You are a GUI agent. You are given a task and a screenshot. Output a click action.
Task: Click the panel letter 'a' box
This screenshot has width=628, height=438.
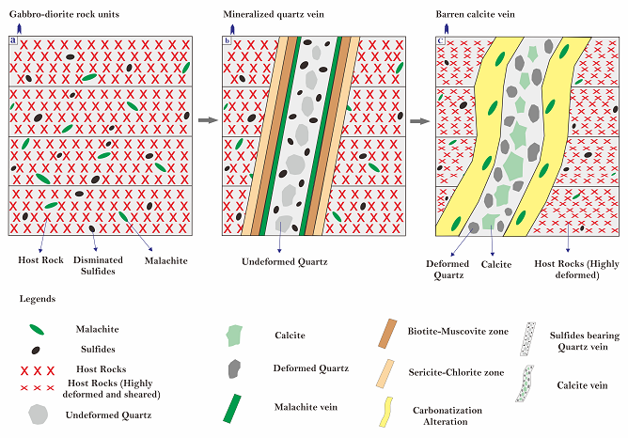pyautogui.click(x=12, y=40)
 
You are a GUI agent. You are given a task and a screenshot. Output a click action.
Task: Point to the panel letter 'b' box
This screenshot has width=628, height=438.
pyautogui.click(x=227, y=41)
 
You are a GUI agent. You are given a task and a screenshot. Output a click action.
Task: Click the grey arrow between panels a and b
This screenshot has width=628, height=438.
pyautogui.click(x=206, y=121)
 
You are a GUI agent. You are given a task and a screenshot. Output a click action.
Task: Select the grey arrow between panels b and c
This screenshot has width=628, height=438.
pyautogui.click(x=421, y=121)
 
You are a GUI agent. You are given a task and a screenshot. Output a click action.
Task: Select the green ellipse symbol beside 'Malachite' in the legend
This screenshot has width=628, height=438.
pyautogui.click(x=37, y=329)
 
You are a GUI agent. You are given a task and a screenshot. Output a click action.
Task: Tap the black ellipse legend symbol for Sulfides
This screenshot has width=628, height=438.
pyautogui.click(x=37, y=349)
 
